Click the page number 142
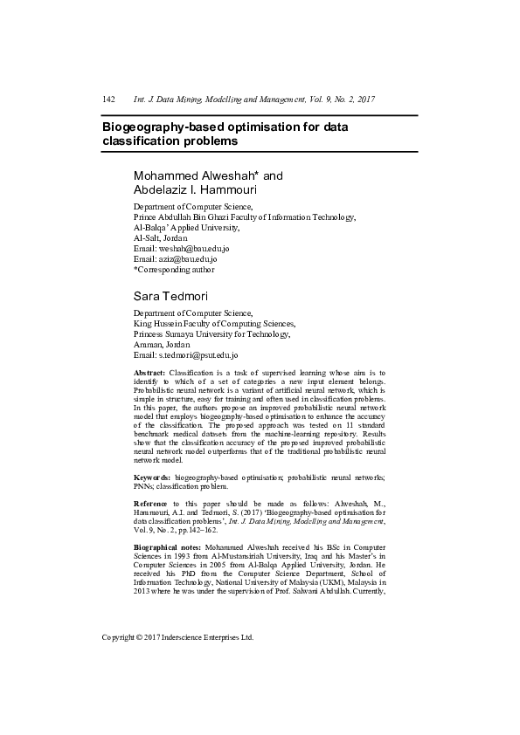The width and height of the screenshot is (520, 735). [x=109, y=100]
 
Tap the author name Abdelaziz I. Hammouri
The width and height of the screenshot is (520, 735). [x=195, y=189]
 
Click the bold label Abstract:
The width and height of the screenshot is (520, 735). [x=149, y=373]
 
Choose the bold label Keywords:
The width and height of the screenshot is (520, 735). [x=151, y=479]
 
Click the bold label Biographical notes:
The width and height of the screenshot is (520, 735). [x=167, y=546]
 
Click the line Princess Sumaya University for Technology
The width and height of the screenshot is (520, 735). [x=211, y=333]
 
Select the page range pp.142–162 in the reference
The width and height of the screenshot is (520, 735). [x=197, y=529]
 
